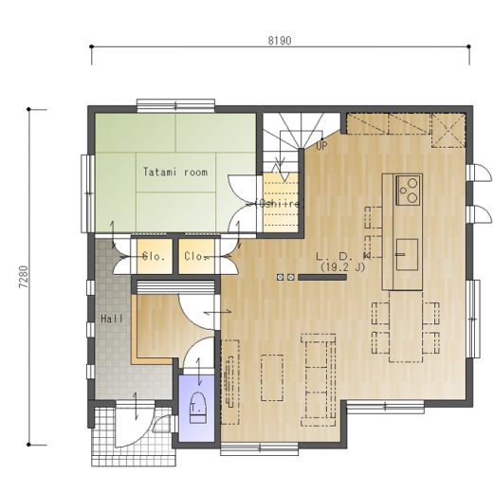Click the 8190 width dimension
coord(280,41)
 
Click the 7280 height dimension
coord(24,277)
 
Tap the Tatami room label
coord(175,172)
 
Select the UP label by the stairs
coord(321,146)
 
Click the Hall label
coord(112,319)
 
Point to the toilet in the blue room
coord(197,408)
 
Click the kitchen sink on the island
coord(407,254)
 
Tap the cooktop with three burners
coord(409,191)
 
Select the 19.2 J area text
coord(343,267)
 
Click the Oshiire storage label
coord(279,204)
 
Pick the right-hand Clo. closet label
coord(196,256)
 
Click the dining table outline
coord(406,326)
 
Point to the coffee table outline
coord(272,377)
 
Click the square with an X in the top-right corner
coord(448,131)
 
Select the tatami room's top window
coord(176,105)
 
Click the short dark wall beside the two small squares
coord(322,278)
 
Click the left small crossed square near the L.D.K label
coord(280,278)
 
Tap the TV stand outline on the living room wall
coord(229,382)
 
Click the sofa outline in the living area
coord(318,380)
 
